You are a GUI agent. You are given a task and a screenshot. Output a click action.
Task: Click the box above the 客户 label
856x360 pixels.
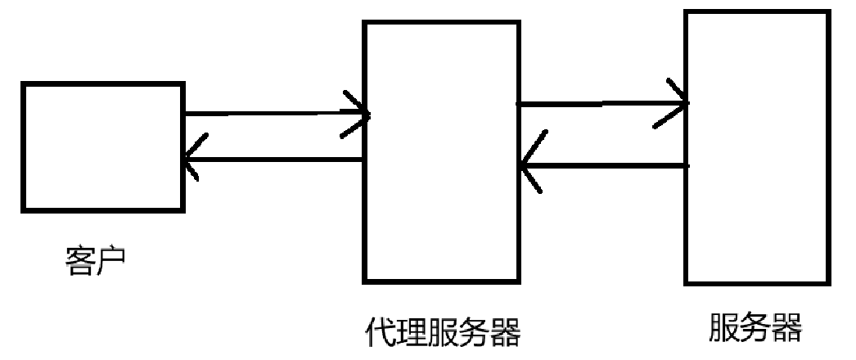tap(102, 146)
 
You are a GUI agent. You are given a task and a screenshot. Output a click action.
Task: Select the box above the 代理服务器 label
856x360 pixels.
tap(441, 152)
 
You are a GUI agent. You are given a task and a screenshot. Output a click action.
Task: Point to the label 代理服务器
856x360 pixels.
tap(442, 334)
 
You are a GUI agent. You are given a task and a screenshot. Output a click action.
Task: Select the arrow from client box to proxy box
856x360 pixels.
tap(274, 114)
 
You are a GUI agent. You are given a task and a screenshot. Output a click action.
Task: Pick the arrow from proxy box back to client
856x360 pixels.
tap(274, 159)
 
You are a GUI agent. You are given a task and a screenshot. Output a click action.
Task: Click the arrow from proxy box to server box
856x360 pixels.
tap(601, 104)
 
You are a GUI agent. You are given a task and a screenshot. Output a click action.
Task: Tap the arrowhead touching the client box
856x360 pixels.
tap(191, 159)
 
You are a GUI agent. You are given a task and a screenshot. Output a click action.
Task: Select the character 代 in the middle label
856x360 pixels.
tap(380, 334)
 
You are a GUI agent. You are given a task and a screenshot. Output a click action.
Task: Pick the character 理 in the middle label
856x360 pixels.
tap(411, 334)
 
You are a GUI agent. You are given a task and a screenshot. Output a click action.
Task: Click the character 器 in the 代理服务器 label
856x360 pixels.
tap(505, 334)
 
